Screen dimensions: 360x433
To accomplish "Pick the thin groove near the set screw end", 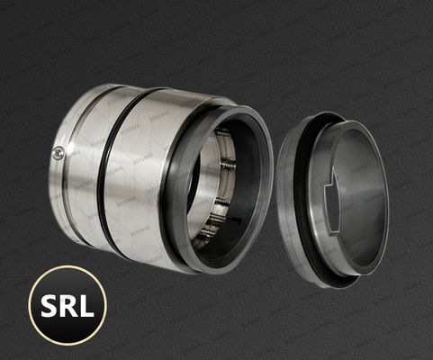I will point(76,166).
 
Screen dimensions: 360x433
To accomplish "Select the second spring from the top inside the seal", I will point(222,167).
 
